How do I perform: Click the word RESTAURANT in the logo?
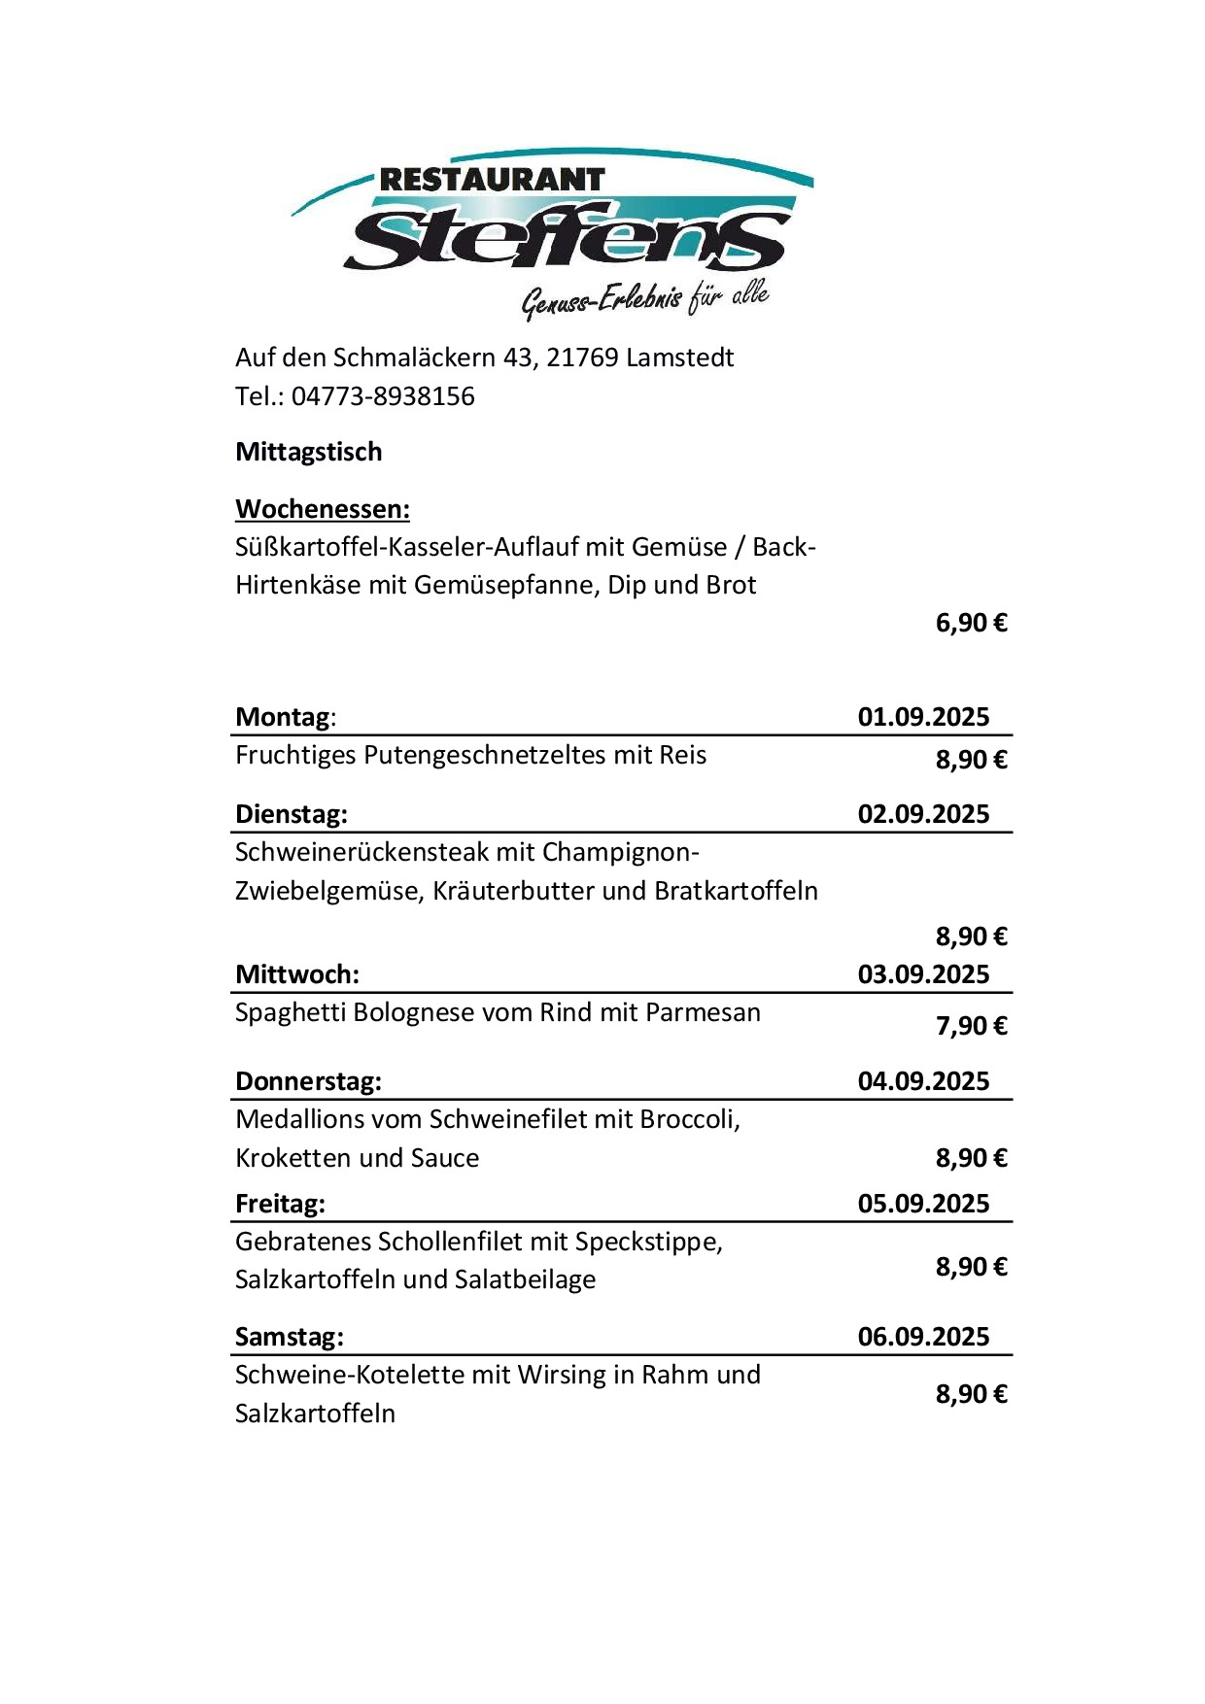click(x=492, y=180)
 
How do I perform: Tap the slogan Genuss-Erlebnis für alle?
click(x=645, y=298)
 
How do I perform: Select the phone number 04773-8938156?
click(x=383, y=396)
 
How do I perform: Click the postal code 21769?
click(x=582, y=358)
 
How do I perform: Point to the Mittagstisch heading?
click(x=308, y=452)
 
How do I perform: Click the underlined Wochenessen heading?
click(x=322, y=509)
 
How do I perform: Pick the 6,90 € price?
click(x=971, y=623)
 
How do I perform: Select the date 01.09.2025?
click(x=923, y=717)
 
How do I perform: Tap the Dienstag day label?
click(x=291, y=814)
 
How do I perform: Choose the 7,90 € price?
click(x=971, y=1026)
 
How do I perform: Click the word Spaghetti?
click(x=290, y=1012)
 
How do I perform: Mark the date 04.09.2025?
click(x=923, y=1081)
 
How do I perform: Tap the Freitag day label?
click(x=280, y=1204)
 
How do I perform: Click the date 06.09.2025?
click(x=923, y=1337)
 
